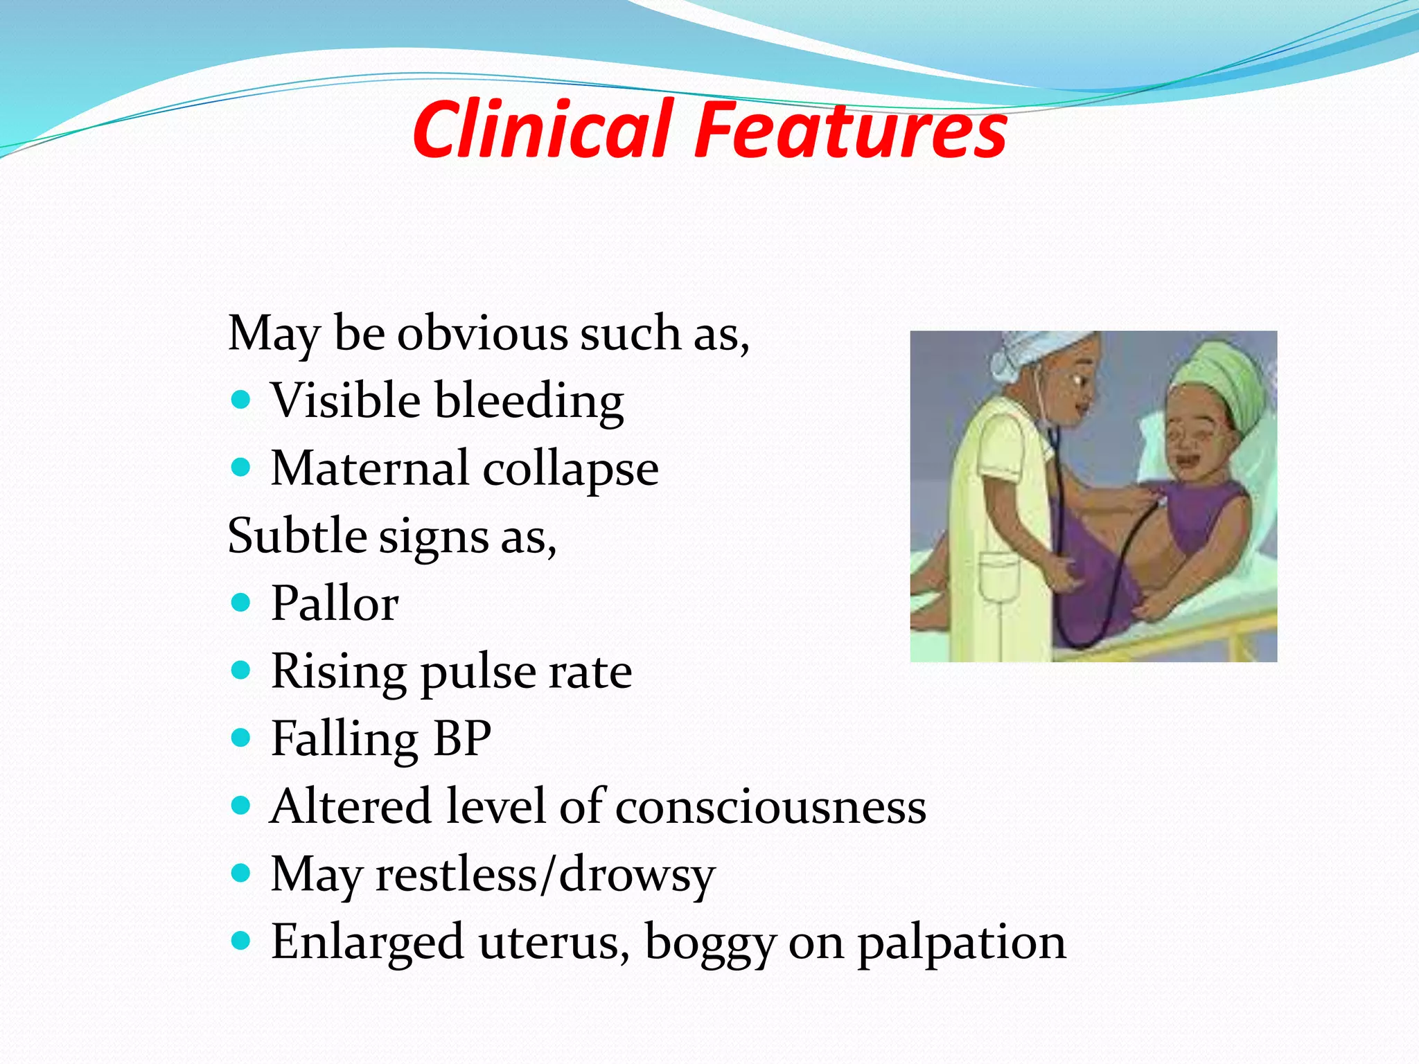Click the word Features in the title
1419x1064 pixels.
click(850, 130)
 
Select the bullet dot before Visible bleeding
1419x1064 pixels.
click(240, 400)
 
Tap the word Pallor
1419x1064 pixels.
click(335, 603)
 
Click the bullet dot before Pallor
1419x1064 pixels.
click(240, 603)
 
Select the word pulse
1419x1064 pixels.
click(477, 672)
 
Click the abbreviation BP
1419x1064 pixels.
click(462, 738)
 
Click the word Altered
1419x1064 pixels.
click(351, 806)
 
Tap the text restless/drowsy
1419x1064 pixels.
click(545, 874)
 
